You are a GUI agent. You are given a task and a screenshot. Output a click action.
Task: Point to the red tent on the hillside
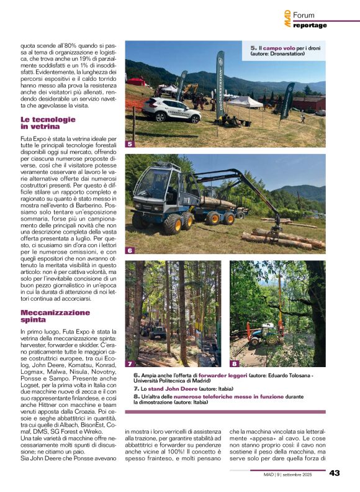pos(136,81)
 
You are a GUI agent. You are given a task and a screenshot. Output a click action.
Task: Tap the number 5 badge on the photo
pos(130,144)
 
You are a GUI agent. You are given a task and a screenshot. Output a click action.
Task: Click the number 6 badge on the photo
pos(130,250)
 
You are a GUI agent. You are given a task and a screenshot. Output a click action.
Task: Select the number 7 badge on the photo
pos(130,363)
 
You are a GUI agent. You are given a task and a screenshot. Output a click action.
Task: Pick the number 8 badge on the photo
pos(234,363)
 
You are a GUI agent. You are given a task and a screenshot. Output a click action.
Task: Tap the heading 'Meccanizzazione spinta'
pos(55,316)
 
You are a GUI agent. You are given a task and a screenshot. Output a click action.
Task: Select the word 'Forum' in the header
pos(304,15)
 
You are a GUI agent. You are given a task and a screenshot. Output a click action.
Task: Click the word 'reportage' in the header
pos(310,25)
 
